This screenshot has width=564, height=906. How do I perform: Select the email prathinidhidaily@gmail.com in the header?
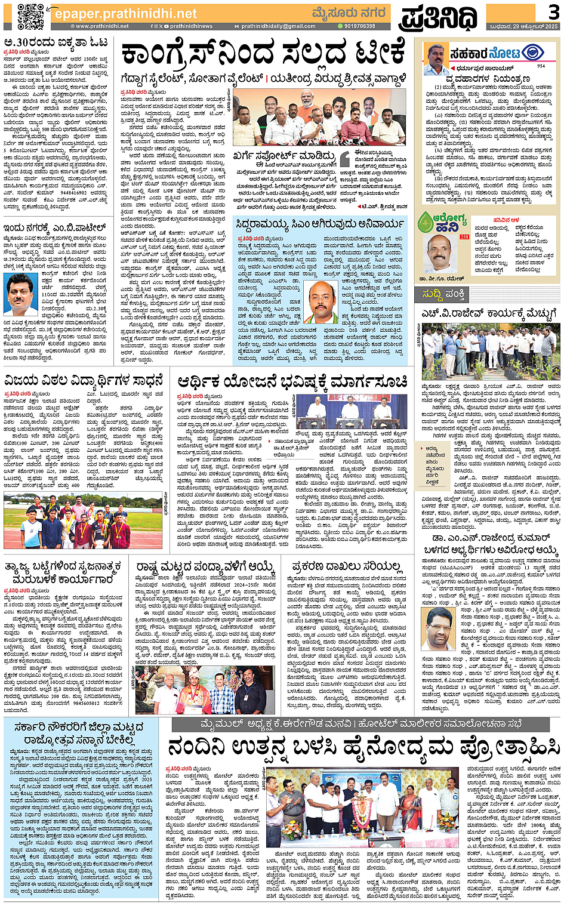coord(278,26)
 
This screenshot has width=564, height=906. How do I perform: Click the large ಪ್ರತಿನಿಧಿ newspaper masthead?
coord(438,17)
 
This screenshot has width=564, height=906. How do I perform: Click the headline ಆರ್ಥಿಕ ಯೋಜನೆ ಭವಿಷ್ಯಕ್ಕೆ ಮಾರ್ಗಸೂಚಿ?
coord(292,381)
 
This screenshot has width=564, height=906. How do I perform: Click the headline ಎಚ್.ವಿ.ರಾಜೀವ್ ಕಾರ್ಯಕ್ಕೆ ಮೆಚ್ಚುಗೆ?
coord(488,315)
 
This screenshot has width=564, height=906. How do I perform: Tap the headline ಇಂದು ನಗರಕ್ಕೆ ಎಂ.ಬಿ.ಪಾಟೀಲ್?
coord(55,227)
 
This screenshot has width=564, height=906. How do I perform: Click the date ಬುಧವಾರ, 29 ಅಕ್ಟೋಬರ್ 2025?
coord(522,26)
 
